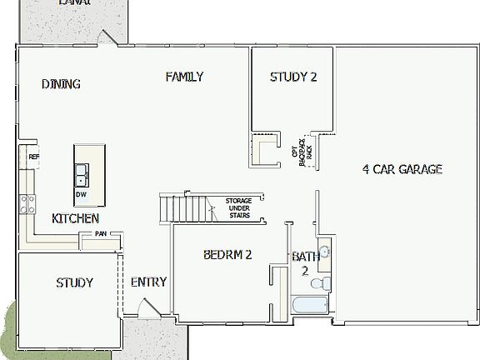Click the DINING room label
tap(61, 83)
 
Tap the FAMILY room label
tap(184, 77)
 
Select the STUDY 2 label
tap(293, 77)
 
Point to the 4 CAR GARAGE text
tap(402, 169)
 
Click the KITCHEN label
tap(76, 218)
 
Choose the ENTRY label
tap(148, 282)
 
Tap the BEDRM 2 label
tap(227, 256)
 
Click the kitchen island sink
tap(82, 176)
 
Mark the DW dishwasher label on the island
tap(81, 195)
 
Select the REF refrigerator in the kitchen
tap(32, 157)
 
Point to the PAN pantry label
tap(100, 234)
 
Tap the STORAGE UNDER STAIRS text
tap(238, 207)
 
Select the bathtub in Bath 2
tap(312, 306)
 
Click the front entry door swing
tap(147, 309)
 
